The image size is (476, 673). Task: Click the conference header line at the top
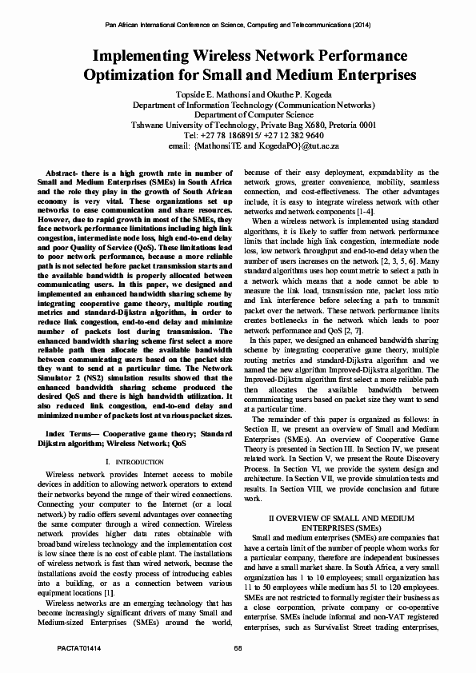click(x=238, y=25)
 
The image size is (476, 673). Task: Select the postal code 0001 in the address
click(x=366, y=125)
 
